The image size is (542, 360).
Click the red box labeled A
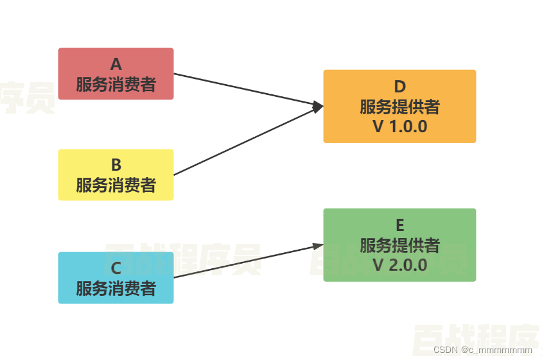point(116,74)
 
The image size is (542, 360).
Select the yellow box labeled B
point(116,175)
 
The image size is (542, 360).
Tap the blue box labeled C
point(116,277)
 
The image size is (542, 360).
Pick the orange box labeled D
point(399,106)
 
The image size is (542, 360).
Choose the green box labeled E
point(399,244)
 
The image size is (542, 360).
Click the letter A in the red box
point(116,64)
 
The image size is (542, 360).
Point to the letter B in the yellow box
point(116,165)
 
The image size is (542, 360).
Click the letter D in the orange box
point(399,87)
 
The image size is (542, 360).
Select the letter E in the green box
point(399,225)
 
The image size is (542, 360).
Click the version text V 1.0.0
point(399,126)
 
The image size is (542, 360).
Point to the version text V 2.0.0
point(399,265)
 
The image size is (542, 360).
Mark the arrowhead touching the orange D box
point(318,107)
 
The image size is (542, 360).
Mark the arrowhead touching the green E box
point(318,246)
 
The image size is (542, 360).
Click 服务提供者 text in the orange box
point(399,107)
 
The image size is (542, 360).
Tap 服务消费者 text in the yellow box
point(116,185)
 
